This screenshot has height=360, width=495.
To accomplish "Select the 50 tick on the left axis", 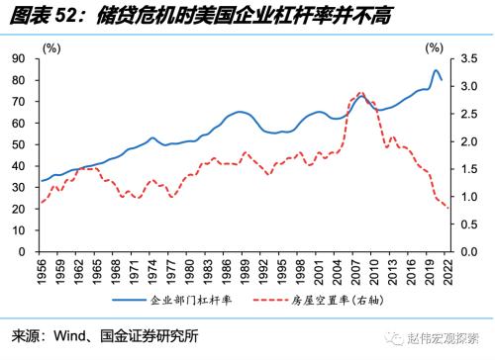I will (x=18, y=145).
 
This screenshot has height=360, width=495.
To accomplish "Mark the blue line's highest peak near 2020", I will (x=436, y=71).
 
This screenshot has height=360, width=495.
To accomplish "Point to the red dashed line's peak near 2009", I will (x=361, y=93).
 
